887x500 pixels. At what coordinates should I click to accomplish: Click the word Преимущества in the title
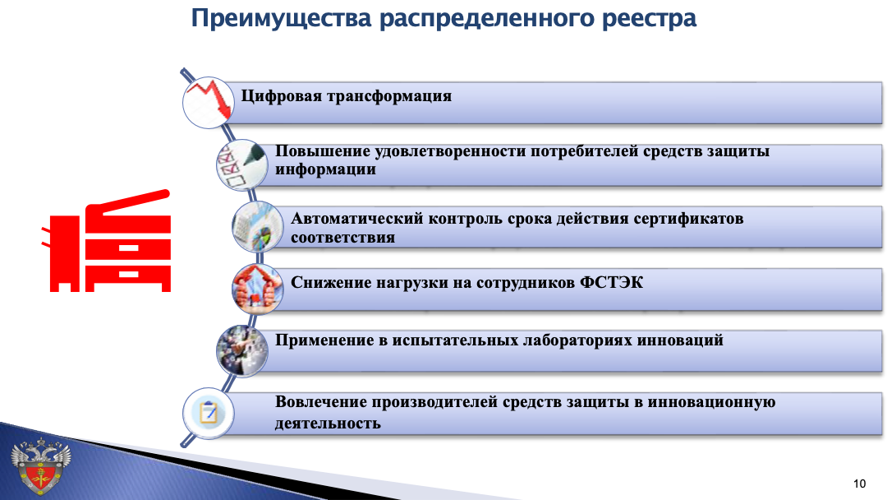pos(281,19)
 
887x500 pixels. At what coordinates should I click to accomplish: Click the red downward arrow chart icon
pos(208,103)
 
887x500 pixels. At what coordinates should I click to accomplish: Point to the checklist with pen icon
pos(241,164)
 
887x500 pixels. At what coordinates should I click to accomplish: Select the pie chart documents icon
pos(257,226)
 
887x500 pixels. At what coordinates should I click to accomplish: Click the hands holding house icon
pos(257,289)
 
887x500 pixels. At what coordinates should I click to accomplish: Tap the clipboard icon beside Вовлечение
pos(208,413)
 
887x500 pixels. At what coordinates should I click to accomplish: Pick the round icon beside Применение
pos(241,351)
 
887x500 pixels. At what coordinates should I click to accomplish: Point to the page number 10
pos(859,484)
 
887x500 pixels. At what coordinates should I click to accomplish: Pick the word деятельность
pos(328,423)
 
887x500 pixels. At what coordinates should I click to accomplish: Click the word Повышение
pos(322,151)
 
